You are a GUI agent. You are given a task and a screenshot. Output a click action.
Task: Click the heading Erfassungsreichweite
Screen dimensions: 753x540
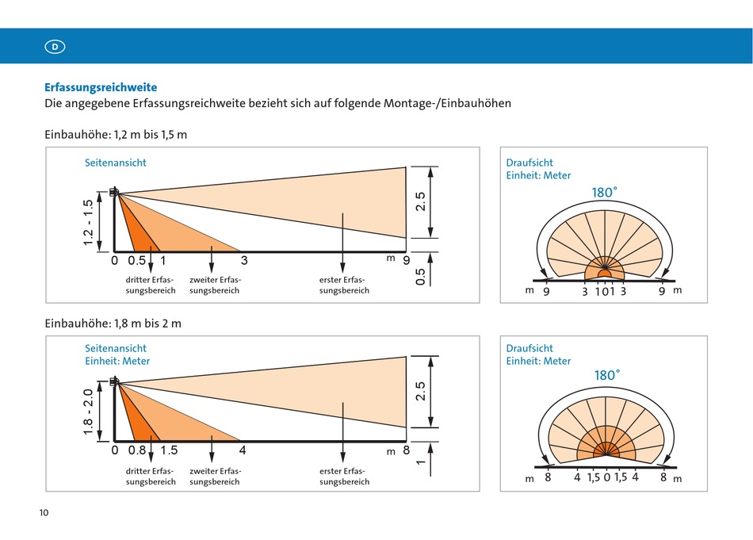coord(101,87)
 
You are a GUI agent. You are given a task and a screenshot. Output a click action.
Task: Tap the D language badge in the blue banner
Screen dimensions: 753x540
coord(55,47)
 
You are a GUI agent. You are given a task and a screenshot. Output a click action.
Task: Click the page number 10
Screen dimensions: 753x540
coord(44,512)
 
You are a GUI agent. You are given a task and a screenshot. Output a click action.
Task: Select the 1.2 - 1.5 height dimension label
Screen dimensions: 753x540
coord(88,223)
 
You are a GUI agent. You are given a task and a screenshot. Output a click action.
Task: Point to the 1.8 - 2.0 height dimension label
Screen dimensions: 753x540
coord(88,412)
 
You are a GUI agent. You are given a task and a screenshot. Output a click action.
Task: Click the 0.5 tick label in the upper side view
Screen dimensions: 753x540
coord(137,260)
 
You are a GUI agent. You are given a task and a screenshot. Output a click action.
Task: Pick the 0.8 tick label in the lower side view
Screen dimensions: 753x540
coord(137,450)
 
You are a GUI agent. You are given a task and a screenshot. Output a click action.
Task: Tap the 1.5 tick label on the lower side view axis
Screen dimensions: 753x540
coord(169,450)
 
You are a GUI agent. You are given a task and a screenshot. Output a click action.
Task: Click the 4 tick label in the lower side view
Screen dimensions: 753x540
coord(243,450)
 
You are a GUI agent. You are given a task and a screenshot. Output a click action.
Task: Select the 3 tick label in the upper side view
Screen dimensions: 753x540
coord(244,260)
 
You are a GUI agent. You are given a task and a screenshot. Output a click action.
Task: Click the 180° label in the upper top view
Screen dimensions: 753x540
coord(605,192)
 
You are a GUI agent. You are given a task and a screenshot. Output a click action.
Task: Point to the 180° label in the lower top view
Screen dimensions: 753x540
coord(607,375)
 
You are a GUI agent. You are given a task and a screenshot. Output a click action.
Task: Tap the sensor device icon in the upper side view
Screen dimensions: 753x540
coord(114,192)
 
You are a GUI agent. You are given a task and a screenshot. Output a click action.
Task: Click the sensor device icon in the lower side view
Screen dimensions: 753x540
coord(114,382)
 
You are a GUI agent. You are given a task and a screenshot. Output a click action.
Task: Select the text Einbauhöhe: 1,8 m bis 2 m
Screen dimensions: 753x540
coord(113,324)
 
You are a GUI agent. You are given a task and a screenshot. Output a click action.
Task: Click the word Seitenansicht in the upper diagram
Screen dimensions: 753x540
coord(116,163)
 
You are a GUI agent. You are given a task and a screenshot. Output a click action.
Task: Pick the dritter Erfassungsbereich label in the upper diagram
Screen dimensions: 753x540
coord(151,285)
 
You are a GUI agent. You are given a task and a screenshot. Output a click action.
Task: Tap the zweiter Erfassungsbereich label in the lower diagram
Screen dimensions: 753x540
coord(215,476)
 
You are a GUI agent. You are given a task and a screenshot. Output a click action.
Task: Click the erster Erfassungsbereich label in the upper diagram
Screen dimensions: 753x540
coord(344,285)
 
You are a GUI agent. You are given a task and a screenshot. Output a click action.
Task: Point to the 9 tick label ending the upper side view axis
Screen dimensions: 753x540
coord(407,260)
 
